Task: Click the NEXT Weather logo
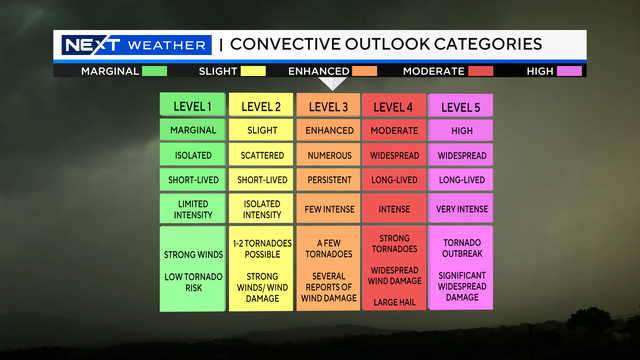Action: [135, 45]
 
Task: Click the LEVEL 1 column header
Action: [192, 105]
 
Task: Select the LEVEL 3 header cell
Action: [327, 105]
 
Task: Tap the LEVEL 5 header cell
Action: [461, 105]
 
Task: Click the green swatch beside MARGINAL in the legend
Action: [154, 71]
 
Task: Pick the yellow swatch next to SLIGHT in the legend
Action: [252, 71]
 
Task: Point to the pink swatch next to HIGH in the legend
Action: [570, 71]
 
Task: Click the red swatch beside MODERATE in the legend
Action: [481, 71]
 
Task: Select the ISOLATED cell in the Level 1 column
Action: [192, 155]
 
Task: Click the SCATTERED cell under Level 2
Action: [260, 155]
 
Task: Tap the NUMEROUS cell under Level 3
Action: [327, 155]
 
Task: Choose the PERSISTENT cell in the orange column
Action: [327, 180]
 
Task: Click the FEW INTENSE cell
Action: [327, 208]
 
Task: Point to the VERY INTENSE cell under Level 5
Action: [461, 208]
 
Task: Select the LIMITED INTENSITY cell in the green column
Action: [192, 208]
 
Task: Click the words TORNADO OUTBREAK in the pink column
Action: [461, 249]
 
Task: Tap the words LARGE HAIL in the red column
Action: [394, 301]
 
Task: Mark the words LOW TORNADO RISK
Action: [192, 283]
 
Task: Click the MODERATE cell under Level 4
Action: [394, 130]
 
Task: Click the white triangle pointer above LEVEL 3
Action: [334, 84]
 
